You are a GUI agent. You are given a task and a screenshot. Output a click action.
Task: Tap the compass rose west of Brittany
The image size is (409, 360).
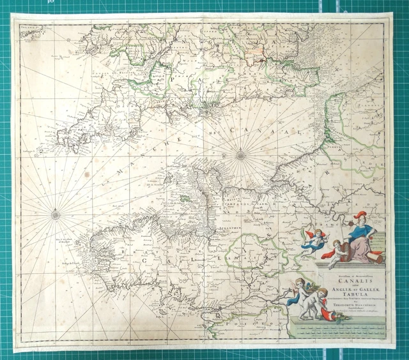pos(56,214)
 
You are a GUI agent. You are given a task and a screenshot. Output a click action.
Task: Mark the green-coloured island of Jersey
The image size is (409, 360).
pos(185,199)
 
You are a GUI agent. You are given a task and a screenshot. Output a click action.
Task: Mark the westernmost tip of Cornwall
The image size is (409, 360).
pos(58,135)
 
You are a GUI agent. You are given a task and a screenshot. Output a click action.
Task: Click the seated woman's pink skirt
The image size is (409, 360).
pos(359,252)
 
